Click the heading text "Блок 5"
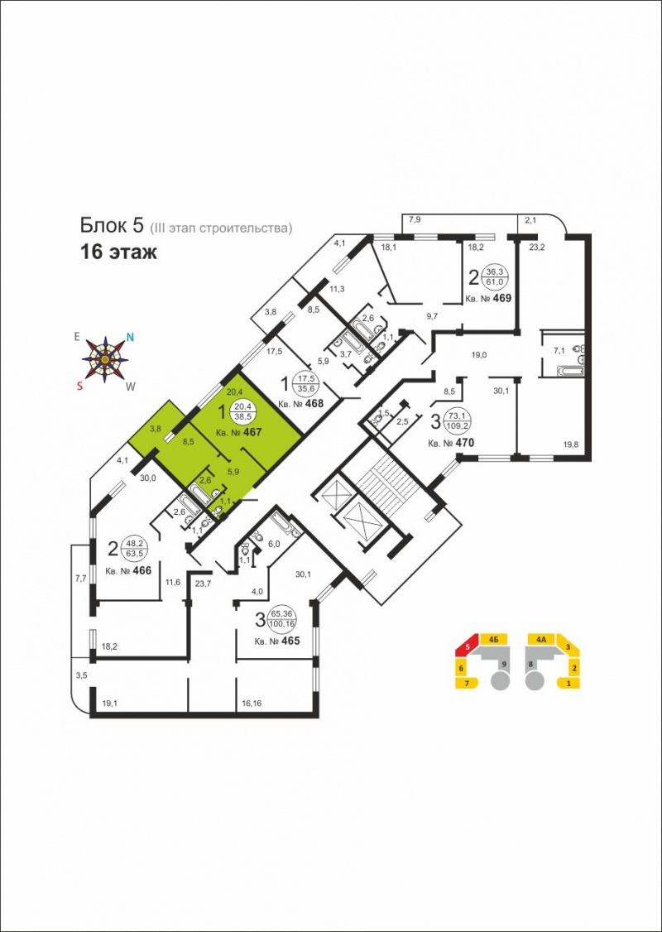click(x=113, y=225)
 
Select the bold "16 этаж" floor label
click(x=119, y=252)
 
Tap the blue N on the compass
click(x=130, y=337)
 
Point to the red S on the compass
click(x=79, y=385)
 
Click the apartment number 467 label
click(x=238, y=433)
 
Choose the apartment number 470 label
click(x=451, y=443)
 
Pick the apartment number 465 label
click(x=276, y=641)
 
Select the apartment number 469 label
click(x=488, y=298)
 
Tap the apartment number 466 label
click(x=128, y=570)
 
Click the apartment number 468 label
click(x=300, y=404)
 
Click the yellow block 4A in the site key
click(x=541, y=640)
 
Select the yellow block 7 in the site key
click(x=467, y=684)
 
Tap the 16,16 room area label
click(x=252, y=704)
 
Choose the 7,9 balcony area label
click(x=415, y=220)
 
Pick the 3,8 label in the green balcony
click(x=156, y=427)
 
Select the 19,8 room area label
click(x=572, y=444)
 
